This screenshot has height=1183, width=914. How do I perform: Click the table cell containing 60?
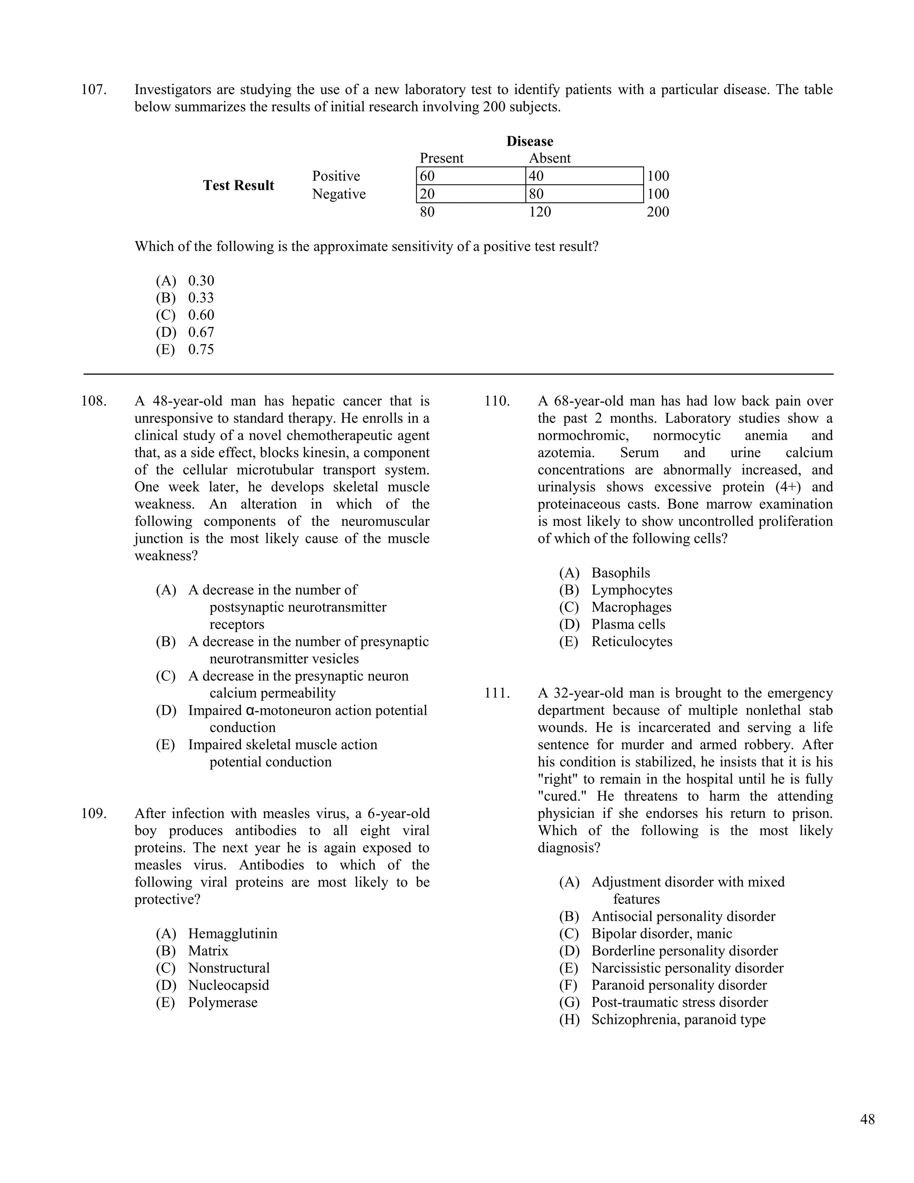pyautogui.click(x=470, y=176)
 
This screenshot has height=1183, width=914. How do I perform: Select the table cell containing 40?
pyautogui.click(x=584, y=176)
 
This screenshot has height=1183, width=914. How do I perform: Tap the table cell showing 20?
pyautogui.click(x=470, y=194)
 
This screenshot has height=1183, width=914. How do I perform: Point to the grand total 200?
pyautogui.click(x=657, y=212)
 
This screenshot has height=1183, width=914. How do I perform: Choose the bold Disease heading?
pyautogui.click(x=530, y=142)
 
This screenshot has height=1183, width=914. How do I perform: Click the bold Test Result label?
pyautogui.click(x=238, y=185)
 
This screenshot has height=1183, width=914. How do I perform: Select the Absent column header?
pyautogui.click(x=549, y=158)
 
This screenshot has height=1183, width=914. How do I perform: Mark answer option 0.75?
pyautogui.click(x=201, y=350)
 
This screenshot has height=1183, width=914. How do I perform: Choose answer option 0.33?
pyautogui.click(x=201, y=298)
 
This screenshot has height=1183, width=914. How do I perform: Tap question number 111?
pyautogui.click(x=497, y=693)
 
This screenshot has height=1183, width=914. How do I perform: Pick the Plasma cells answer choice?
pyautogui.click(x=627, y=625)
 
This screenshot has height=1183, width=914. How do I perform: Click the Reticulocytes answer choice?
pyautogui.click(x=631, y=642)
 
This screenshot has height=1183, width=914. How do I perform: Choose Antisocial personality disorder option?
pyautogui.click(x=683, y=916)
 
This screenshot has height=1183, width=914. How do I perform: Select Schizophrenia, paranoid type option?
pyautogui.click(x=678, y=1020)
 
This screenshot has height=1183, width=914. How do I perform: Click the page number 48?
pyautogui.click(x=867, y=1119)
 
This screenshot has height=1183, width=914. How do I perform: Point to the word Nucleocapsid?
pyautogui.click(x=228, y=985)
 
